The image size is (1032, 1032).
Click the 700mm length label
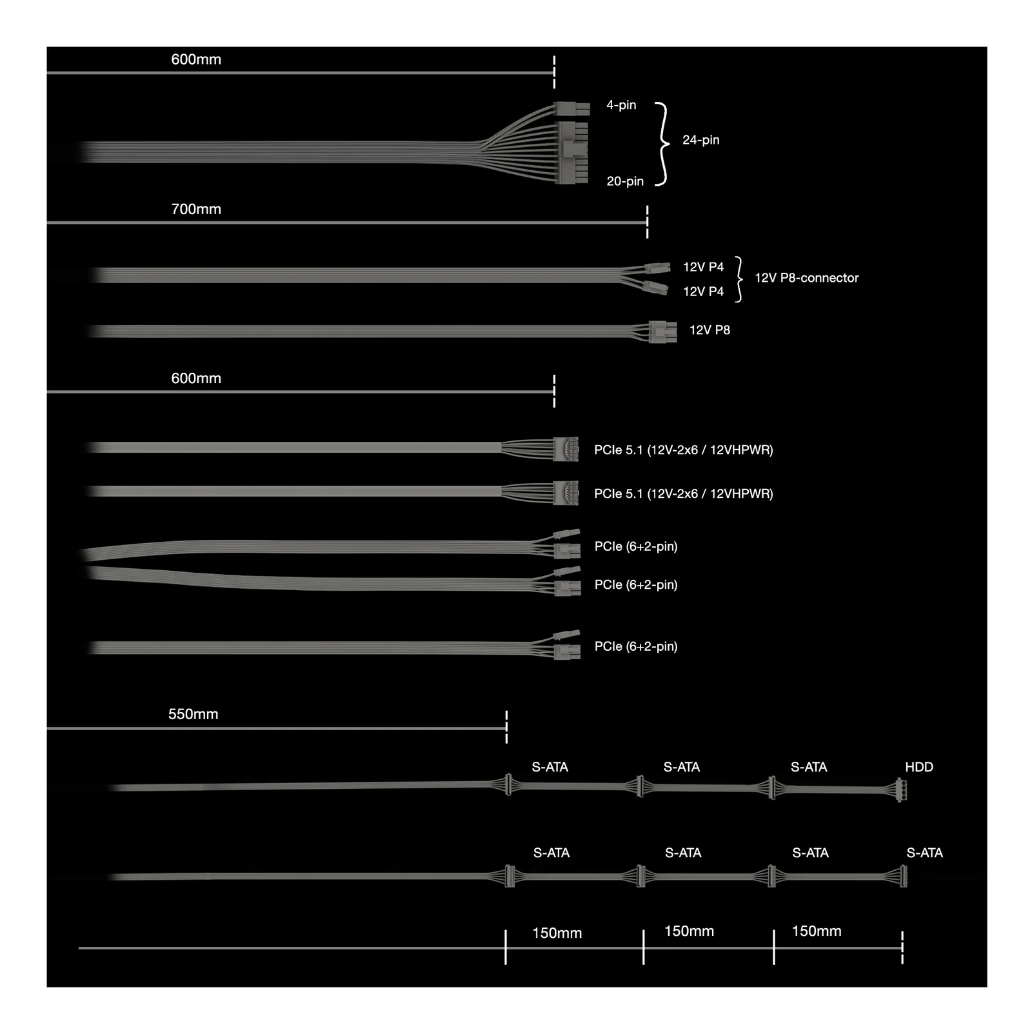coord(196,209)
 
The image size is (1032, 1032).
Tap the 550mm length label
coord(193,714)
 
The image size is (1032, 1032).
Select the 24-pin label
coord(700,140)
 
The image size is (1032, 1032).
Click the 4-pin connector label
coord(621,104)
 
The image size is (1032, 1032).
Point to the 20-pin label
coord(625,181)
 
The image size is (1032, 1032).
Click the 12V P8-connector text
coord(806,278)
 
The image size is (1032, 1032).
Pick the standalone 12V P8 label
coord(709,330)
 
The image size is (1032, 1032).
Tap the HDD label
coord(918,767)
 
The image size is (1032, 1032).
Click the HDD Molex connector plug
coord(901,789)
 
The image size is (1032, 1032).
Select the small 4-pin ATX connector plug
coord(571,108)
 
